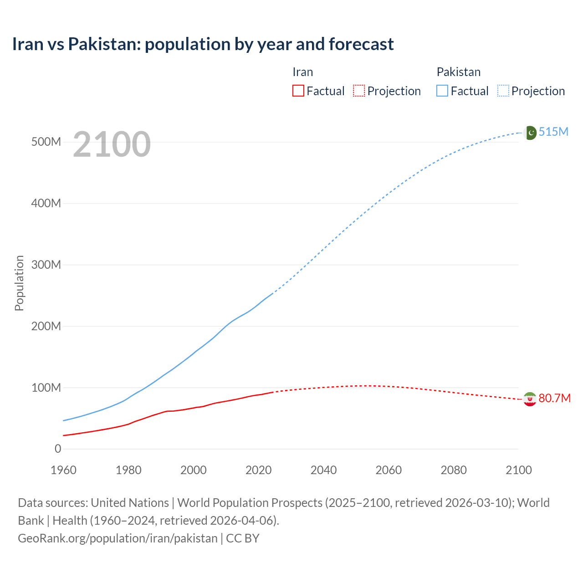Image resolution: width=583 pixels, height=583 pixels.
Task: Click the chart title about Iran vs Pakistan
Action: click(x=203, y=44)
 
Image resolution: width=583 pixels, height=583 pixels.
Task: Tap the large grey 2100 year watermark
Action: click(x=112, y=144)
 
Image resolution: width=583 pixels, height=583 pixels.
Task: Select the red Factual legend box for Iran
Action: click(x=298, y=91)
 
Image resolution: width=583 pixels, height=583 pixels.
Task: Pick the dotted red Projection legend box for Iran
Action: click(x=359, y=91)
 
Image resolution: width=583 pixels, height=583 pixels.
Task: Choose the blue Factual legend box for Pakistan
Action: click(x=442, y=91)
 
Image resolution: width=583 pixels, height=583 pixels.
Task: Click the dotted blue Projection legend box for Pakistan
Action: click(x=503, y=91)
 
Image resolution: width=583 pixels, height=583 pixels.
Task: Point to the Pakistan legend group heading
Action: click(x=458, y=72)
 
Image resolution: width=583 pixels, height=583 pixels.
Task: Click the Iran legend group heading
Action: click(x=302, y=72)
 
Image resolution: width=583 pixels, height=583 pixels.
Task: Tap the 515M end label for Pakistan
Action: click(x=553, y=132)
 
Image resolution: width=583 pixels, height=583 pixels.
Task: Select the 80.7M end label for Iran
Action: click(x=554, y=398)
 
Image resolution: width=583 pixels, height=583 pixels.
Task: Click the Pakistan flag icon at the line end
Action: click(x=530, y=133)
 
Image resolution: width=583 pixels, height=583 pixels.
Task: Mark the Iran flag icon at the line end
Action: click(x=529, y=399)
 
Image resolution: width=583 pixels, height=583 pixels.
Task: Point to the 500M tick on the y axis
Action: click(x=46, y=142)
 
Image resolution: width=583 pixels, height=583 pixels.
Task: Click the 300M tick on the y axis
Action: click(x=46, y=265)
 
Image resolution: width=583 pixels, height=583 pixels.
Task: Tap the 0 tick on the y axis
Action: click(x=57, y=449)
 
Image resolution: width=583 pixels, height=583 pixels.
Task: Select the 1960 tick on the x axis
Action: click(x=63, y=470)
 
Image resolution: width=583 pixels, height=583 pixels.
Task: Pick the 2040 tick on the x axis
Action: click(x=323, y=470)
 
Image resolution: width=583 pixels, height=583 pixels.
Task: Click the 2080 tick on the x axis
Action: click(x=454, y=470)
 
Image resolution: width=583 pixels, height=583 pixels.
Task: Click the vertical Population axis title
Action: click(x=19, y=283)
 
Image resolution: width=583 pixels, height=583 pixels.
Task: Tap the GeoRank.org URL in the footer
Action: click(x=118, y=538)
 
